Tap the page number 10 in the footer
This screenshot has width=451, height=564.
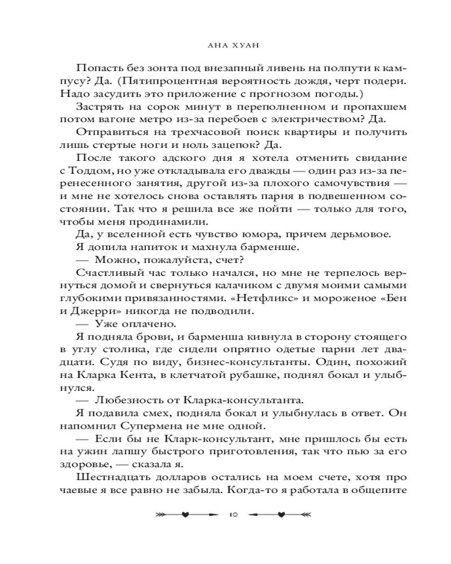click(233, 514)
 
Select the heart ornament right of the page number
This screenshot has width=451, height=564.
click(281, 514)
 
